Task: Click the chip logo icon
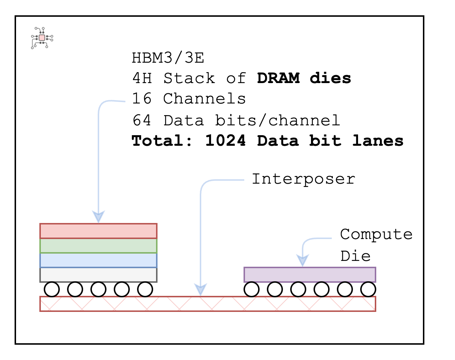coord(42,38)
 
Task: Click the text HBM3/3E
coord(168,58)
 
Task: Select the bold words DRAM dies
coord(304,78)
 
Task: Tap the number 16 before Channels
coord(141,99)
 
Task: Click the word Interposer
coord(303,179)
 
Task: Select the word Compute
coord(376,234)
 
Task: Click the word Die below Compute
coord(355,256)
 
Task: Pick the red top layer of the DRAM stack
coord(98,231)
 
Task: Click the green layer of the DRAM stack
coord(98,246)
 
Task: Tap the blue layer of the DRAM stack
coord(98,260)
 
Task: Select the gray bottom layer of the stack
coord(98,275)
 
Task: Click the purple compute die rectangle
coord(310,275)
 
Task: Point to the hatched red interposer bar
coord(207,304)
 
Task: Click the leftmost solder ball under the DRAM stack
coord(52,289)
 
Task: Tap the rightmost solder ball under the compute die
coord(368,289)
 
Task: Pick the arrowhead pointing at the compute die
coord(302,260)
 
